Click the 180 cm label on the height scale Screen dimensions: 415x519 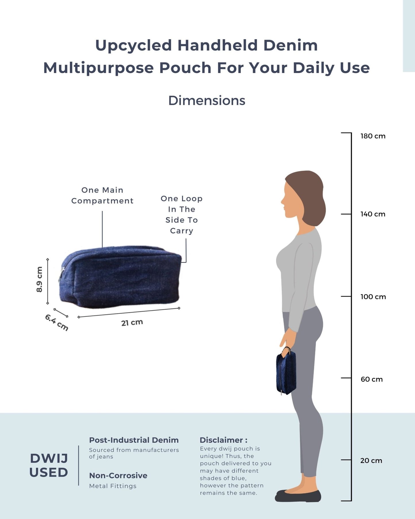pyautogui.click(x=373, y=136)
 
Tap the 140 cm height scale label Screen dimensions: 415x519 pyautogui.click(x=373, y=214)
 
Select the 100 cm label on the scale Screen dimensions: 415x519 pyautogui.click(x=373, y=297)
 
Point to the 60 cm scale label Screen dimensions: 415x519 pyautogui.click(x=372, y=379)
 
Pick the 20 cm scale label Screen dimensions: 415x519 pyautogui.click(x=371, y=460)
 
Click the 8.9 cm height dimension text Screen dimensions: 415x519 pyautogui.click(x=39, y=279)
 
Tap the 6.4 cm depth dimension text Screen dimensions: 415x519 pyautogui.click(x=57, y=323)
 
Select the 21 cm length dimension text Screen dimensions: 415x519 pyautogui.click(x=132, y=323)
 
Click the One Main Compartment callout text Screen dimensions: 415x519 pyautogui.click(x=103, y=195)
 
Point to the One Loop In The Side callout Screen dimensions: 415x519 pyautogui.click(x=182, y=215)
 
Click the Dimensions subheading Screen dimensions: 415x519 pyautogui.click(x=207, y=101)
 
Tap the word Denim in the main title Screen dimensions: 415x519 pyautogui.click(x=290, y=45)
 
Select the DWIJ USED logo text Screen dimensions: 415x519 pyautogui.click(x=49, y=465)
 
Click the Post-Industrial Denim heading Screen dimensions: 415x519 pyautogui.click(x=134, y=440)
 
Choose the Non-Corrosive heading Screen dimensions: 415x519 pyautogui.click(x=118, y=475)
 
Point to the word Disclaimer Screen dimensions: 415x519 pyautogui.click(x=221, y=440)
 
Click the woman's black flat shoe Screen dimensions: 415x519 pyautogui.click(x=298, y=495)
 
